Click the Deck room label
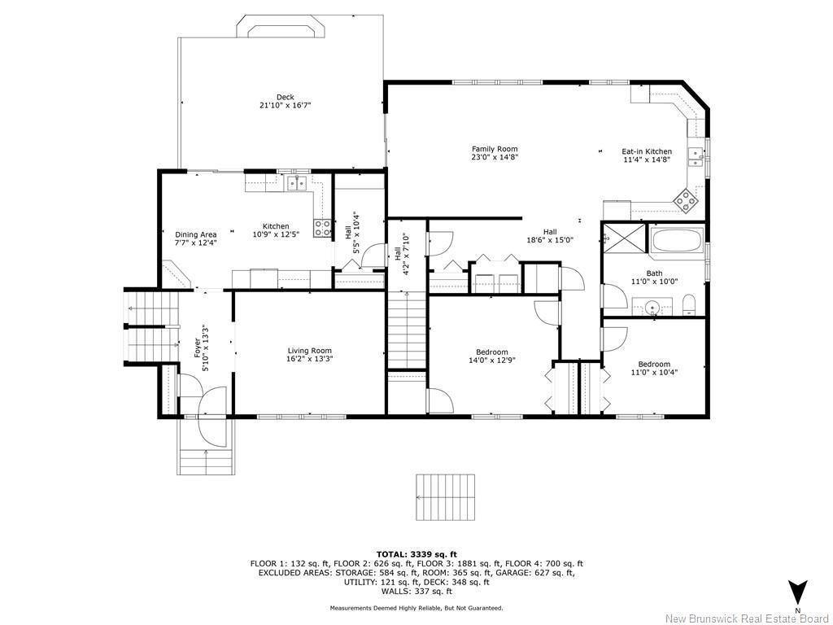285,97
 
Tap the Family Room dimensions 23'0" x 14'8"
495,158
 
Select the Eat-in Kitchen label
647,151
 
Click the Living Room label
309,351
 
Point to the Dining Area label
195,234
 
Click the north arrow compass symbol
798,592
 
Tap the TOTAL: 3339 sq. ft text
416,553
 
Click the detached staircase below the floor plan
443,497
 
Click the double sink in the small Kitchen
296,182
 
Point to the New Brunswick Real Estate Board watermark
747,618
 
